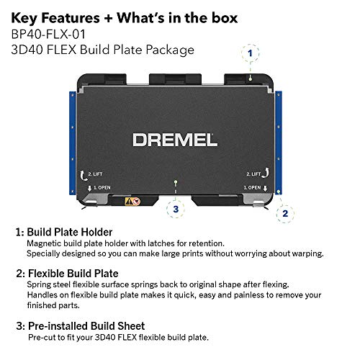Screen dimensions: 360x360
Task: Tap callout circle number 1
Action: click(x=251, y=53)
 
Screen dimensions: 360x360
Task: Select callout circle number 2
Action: click(x=285, y=213)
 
